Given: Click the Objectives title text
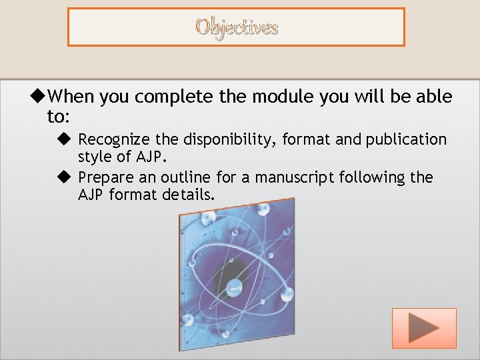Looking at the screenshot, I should pos(236,27).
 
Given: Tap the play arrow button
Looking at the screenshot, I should pos(424,328).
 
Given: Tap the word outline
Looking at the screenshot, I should pos(189,177).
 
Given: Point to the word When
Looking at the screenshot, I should pos(72,97).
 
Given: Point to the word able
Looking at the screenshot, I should pos(434,97).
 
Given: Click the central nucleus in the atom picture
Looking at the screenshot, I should pos(235,287).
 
